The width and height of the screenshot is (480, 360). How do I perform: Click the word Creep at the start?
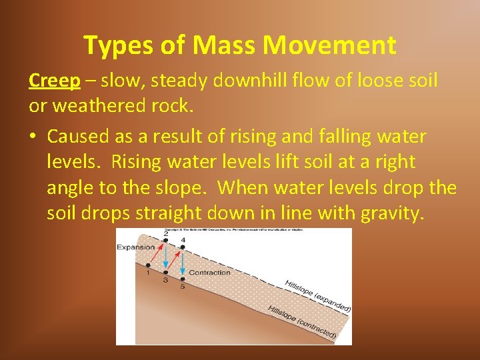click(55, 81)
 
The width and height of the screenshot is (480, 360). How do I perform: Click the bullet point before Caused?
click(33, 137)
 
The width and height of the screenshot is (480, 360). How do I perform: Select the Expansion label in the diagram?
click(135, 247)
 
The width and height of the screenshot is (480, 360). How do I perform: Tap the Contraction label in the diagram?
click(209, 273)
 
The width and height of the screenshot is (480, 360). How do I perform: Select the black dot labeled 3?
click(166, 273)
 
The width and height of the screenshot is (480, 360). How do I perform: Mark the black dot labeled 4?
click(183, 247)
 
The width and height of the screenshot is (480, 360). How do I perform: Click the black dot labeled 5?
click(183, 279)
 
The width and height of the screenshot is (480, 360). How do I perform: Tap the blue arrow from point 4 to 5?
click(183, 264)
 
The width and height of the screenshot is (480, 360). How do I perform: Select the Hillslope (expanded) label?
click(317, 296)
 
